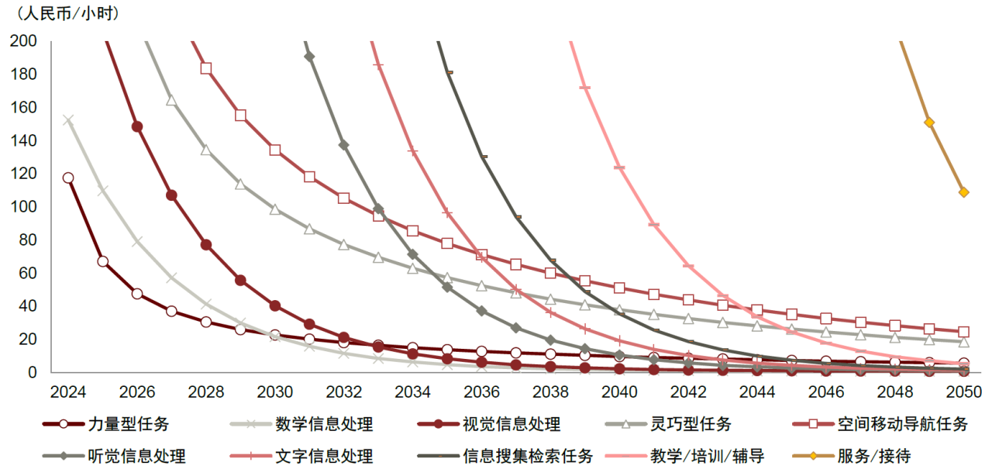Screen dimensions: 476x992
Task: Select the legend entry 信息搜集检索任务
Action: pyautogui.click(x=528, y=455)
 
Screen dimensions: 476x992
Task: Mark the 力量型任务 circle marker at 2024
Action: pyautogui.click(x=68, y=178)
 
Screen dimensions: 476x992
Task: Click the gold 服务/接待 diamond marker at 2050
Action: pyautogui.click(x=964, y=192)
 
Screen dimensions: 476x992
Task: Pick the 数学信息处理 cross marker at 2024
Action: pyautogui.click(x=68, y=120)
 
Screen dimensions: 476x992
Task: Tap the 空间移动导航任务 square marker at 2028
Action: pyautogui.click(x=206, y=68)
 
